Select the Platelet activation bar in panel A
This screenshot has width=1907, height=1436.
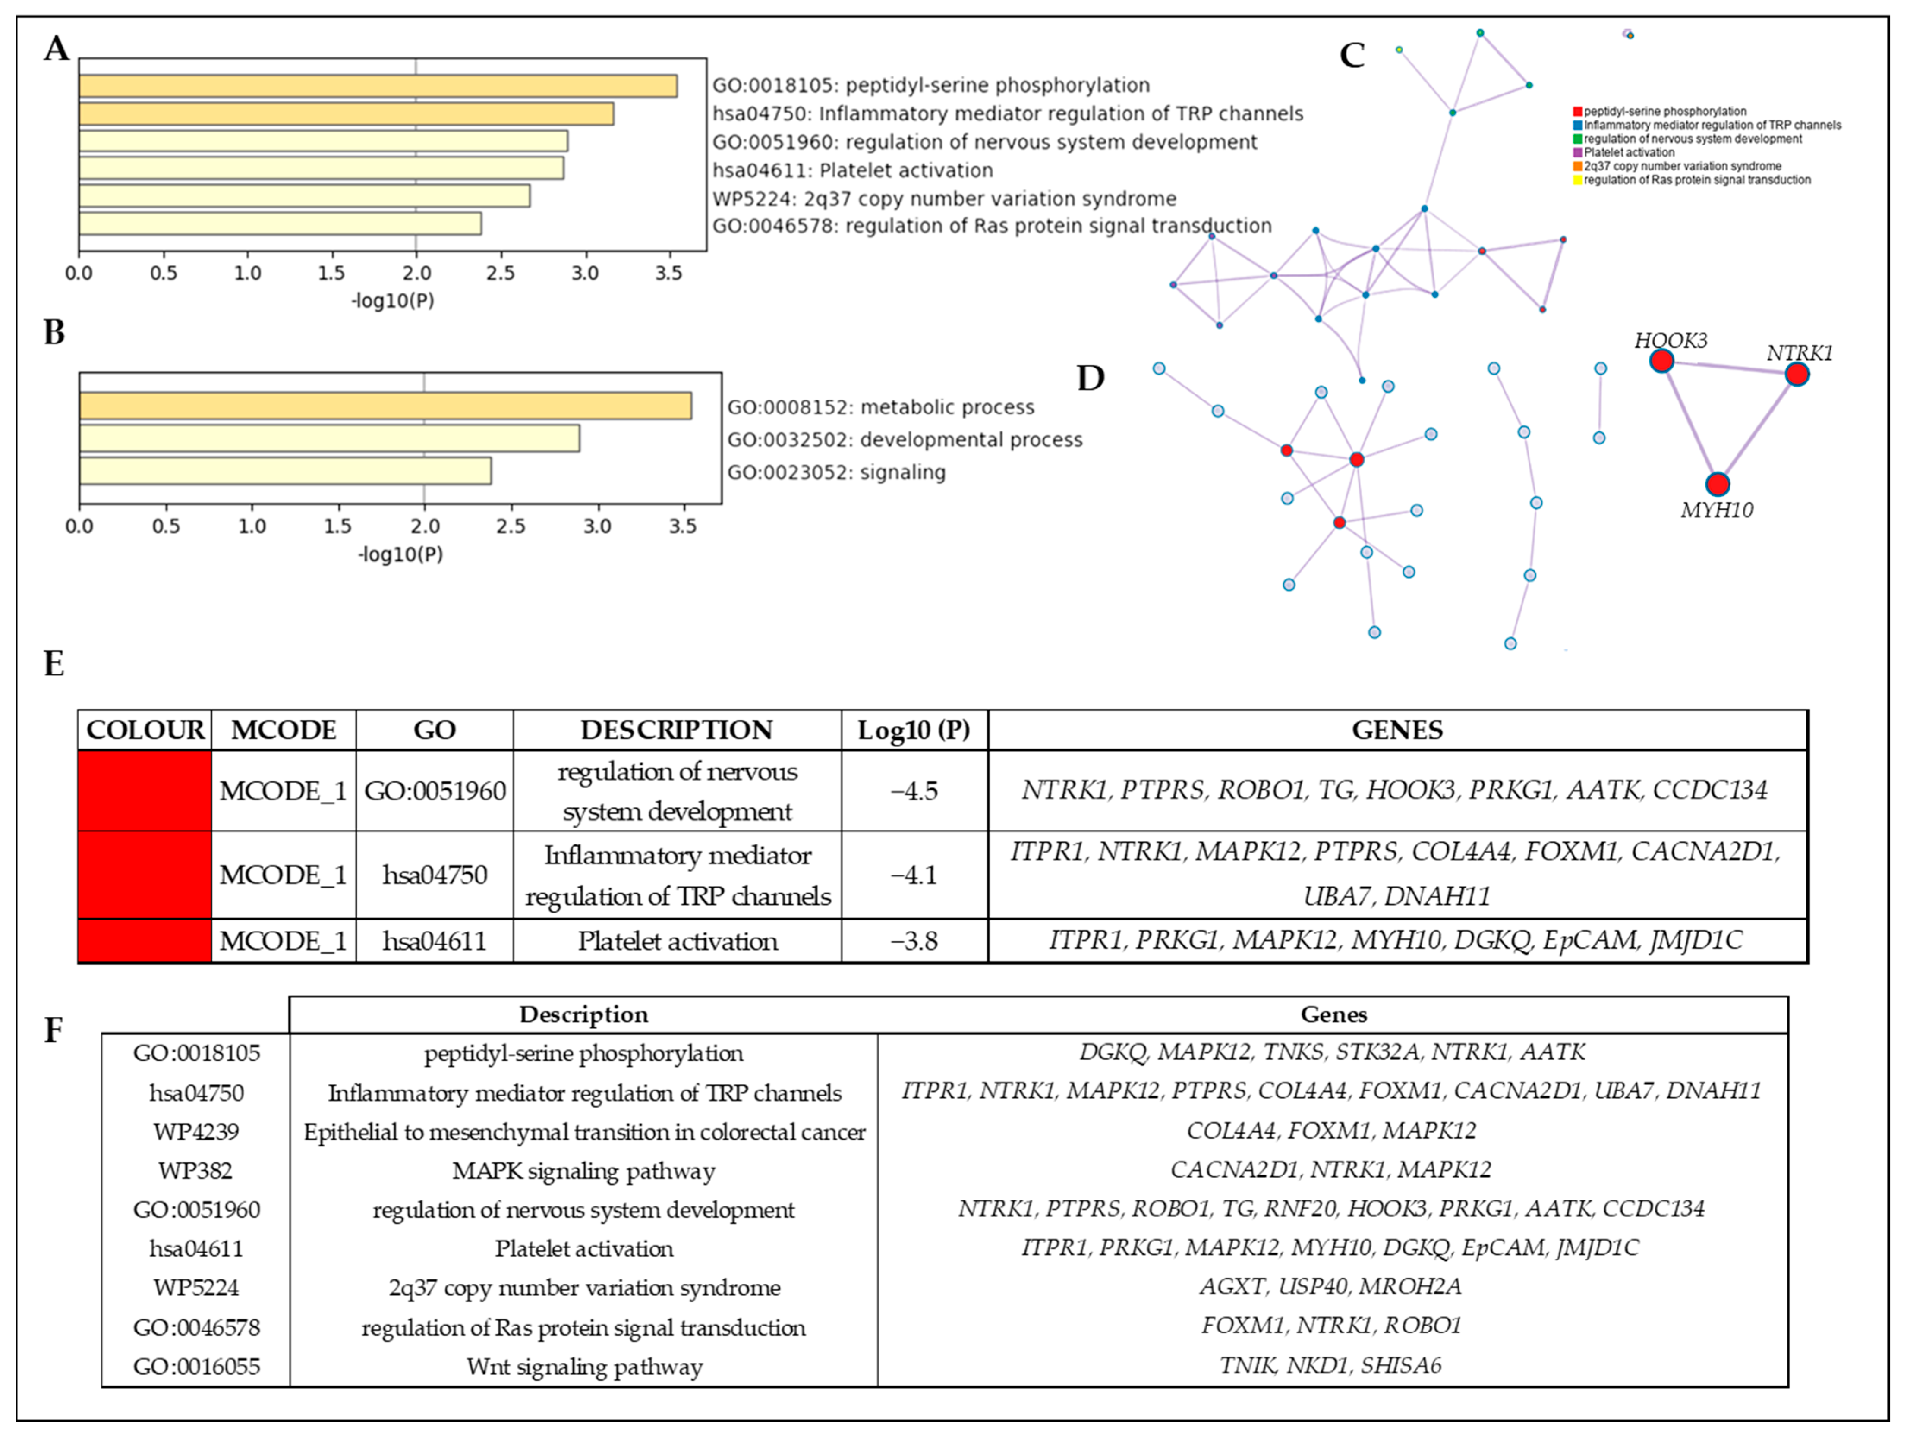(x=322, y=168)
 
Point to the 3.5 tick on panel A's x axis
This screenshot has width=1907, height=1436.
(x=668, y=273)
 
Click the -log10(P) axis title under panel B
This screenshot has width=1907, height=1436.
(x=401, y=554)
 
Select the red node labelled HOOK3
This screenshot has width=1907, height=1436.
(x=1661, y=361)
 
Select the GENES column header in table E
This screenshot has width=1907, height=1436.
(x=1396, y=730)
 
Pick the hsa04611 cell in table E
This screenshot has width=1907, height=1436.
(x=435, y=940)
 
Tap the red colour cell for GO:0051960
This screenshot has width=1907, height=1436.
(x=145, y=790)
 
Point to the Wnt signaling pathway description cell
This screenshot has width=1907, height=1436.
(x=583, y=1366)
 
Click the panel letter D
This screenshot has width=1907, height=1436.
(x=1091, y=378)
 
